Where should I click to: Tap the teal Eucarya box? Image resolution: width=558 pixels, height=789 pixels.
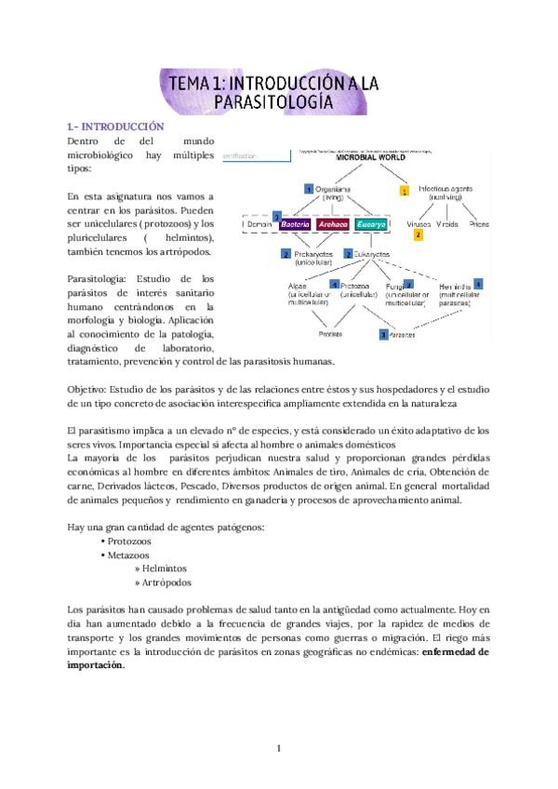point(369,224)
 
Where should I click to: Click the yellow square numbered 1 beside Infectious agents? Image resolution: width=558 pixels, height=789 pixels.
point(404,191)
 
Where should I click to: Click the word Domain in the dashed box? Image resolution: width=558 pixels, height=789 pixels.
point(257,224)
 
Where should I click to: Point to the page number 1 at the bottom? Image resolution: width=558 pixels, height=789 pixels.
point(278,747)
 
